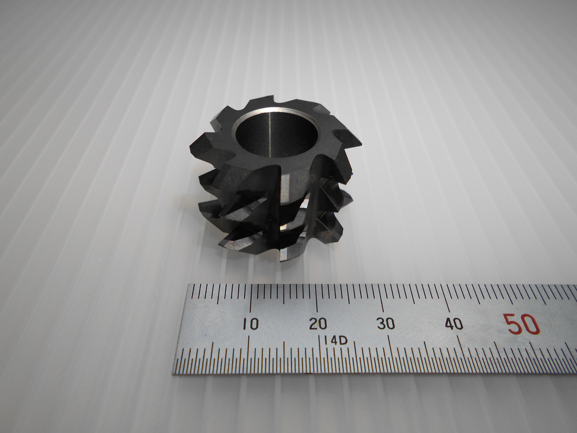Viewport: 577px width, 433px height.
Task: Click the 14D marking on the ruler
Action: coord(336,341)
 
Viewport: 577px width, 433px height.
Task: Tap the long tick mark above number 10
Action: coord(251,299)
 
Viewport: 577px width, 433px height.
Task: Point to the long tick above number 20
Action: coord(317,299)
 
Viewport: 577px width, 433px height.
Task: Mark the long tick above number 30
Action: coord(382,299)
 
